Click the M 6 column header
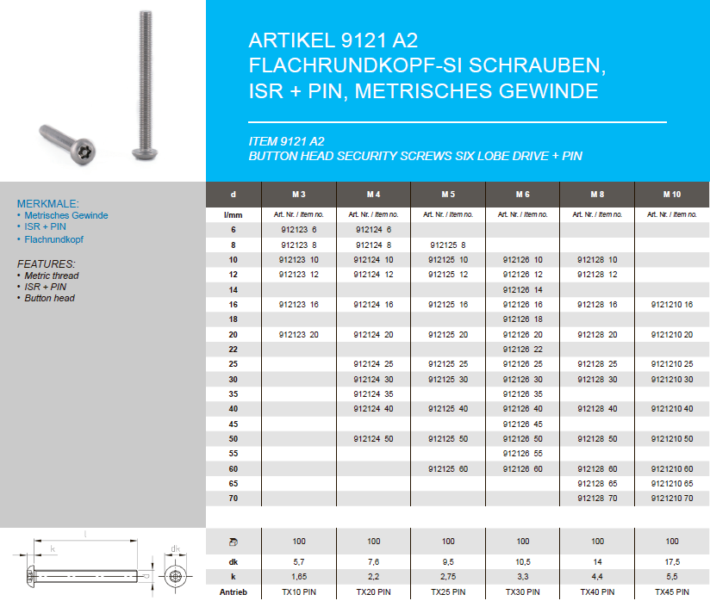point(523,195)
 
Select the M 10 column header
point(672,195)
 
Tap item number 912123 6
point(299,230)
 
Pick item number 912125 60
point(448,469)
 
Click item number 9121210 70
point(672,499)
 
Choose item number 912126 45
point(523,424)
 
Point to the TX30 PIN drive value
point(523,592)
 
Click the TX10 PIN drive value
point(299,592)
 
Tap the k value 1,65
point(299,575)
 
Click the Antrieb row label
point(233,592)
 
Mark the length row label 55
point(233,454)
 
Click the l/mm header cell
point(233,214)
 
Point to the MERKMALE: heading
point(47,204)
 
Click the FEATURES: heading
point(46,263)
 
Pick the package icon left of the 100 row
point(233,542)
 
